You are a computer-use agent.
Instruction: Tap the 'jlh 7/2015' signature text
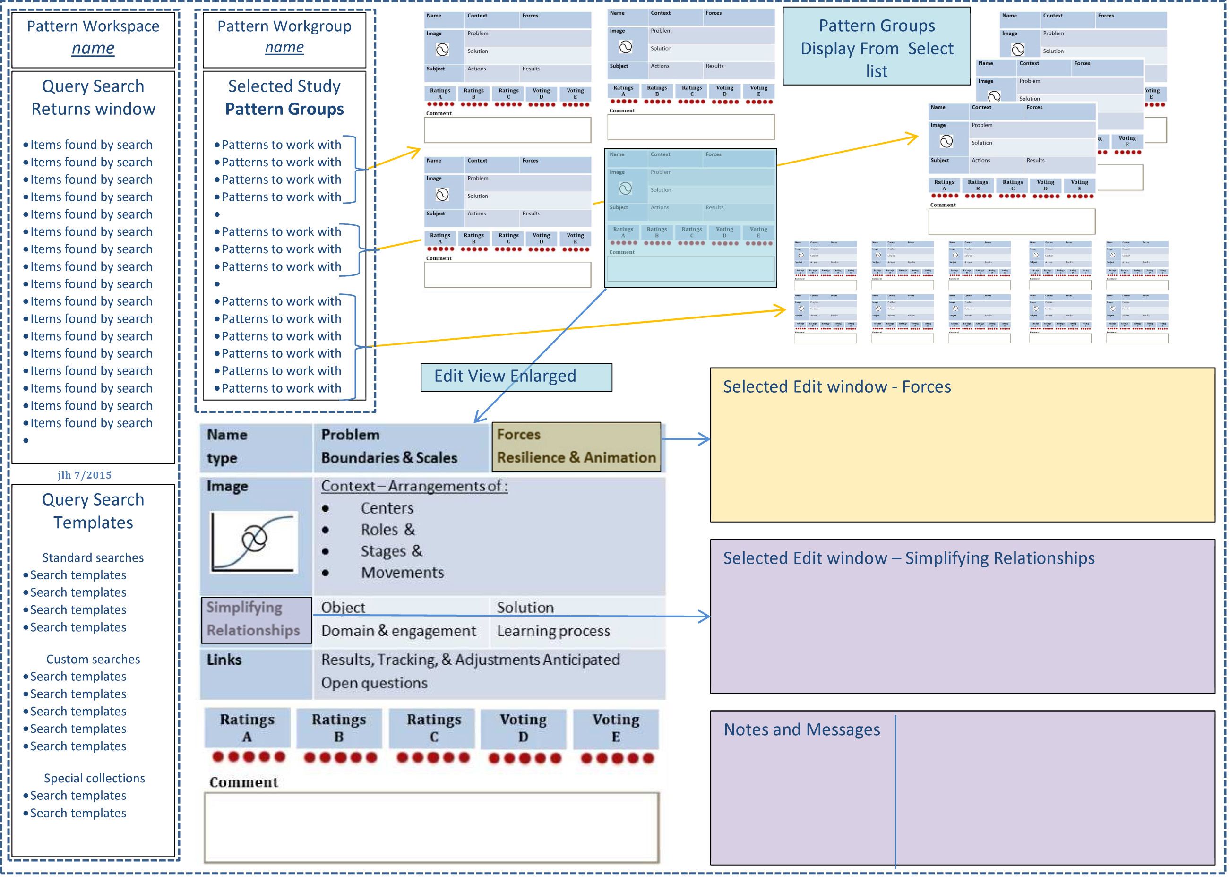85,475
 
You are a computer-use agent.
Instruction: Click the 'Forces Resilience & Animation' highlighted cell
576,446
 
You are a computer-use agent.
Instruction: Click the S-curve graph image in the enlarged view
254,541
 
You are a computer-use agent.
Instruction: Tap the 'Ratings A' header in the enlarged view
247,728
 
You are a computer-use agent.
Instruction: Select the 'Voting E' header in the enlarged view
616,728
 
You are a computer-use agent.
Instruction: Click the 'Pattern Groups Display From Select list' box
877,48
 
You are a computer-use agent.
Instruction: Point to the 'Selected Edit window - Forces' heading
836,387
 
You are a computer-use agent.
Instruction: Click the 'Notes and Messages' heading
801,729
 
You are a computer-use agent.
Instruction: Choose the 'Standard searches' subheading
93,557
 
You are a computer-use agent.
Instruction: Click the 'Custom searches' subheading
93,659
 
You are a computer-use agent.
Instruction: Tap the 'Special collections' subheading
95,778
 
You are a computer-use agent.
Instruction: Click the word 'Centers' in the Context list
387,508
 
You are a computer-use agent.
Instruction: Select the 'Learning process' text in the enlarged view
553,631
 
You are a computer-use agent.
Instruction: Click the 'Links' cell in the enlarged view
224,660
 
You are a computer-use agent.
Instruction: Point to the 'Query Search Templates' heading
93,511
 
